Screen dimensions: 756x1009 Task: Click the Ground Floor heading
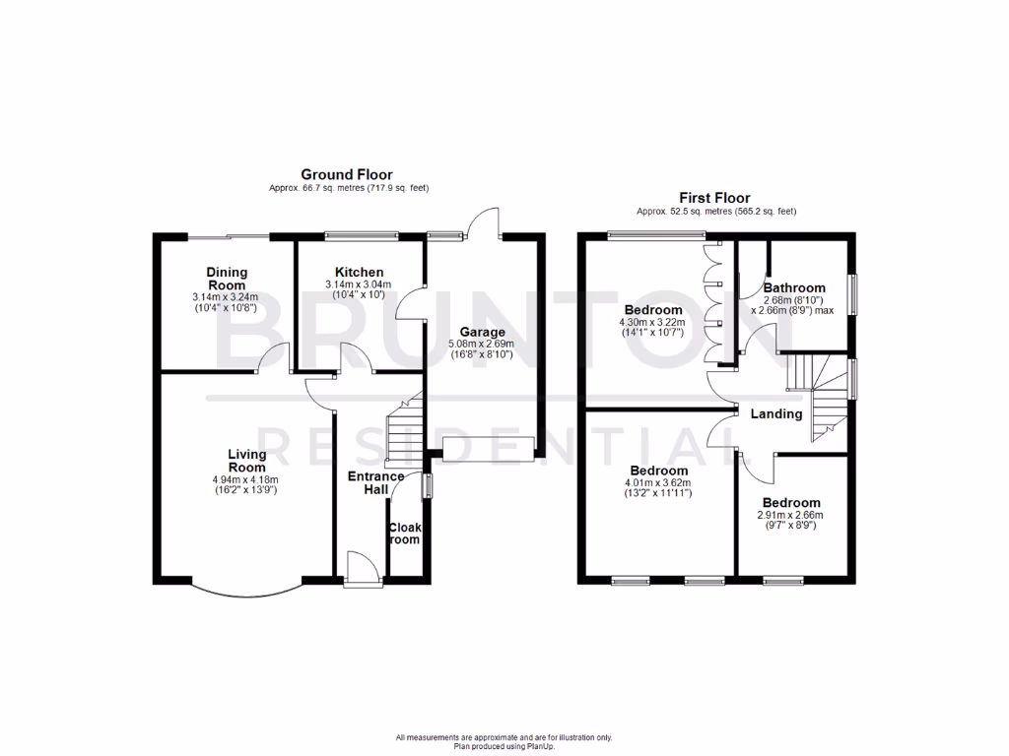tap(346, 174)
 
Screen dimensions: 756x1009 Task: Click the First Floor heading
tap(716, 198)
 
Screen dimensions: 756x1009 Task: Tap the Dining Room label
tap(227, 279)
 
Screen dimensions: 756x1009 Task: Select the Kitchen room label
tap(359, 273)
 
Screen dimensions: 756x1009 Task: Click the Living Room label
tap(246, 460)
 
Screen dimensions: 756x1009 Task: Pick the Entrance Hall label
tap(375, 483)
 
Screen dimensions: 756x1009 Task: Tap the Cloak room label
tap(404, 534)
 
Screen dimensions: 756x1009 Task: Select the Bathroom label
tap(794, 287)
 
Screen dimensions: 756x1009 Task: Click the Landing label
tap(776, 413)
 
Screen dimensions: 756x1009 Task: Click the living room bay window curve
tap(246, 592)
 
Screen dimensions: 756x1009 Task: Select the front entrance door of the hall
tap(360, 570)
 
